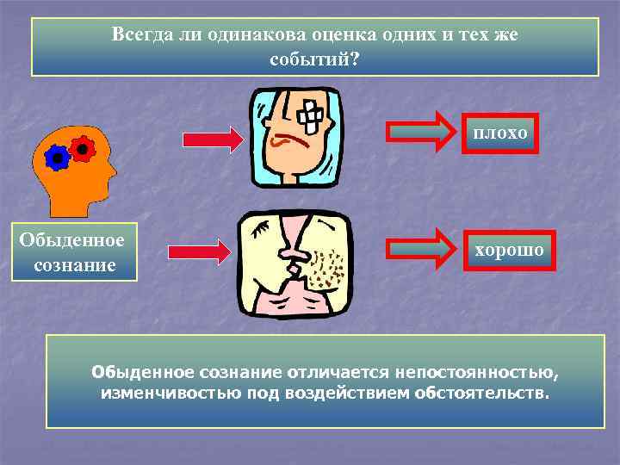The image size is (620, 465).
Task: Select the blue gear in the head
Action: coord(58,157)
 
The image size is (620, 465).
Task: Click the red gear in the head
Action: coord(82,148)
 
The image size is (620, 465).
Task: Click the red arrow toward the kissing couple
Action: coord(199,251)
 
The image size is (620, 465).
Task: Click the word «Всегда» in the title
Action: coord(141,35)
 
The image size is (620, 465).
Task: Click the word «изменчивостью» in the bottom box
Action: coord(159,394)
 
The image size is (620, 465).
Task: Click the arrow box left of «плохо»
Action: coord(420,132)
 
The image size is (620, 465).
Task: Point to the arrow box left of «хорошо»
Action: coord(420,250)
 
